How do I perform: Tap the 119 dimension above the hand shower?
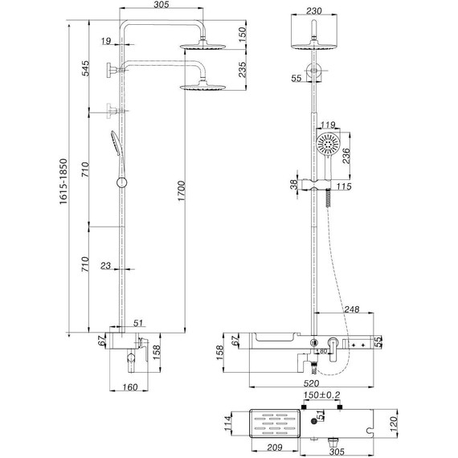(327, 125)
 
